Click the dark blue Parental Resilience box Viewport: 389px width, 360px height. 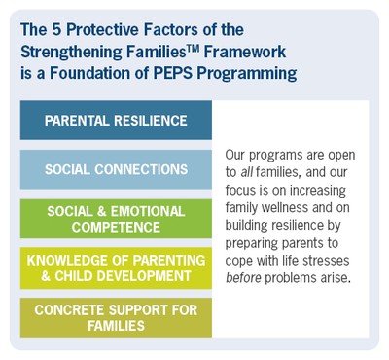coord(116,120)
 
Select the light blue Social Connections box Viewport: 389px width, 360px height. coord(116,169)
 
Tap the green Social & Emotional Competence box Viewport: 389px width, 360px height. coord(116,219)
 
